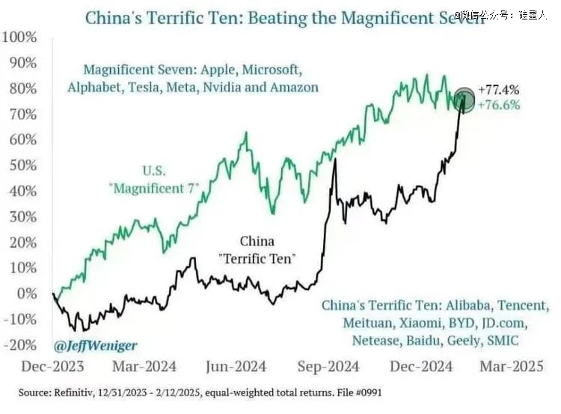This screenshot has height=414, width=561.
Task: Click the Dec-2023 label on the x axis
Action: pyautogui.click(x=52, y=366)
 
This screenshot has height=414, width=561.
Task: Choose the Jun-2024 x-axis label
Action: pyautogui.click(x=236, y=366)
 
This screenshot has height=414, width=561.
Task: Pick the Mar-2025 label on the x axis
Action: pyautogui.click(x=513, y=366)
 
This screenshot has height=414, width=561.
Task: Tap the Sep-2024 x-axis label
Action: pyautogui.click(x=329, y=366)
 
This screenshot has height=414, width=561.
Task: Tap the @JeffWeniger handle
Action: pyautogui.click(x=95, y=347)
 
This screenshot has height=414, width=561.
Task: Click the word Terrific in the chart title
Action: pyautogui.click(x=168, y=16)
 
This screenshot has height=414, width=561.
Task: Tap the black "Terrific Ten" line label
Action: pyautogui.click(x=257, y=259)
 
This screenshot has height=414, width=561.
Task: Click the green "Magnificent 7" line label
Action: pyautogui.click(x=155, y=187)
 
